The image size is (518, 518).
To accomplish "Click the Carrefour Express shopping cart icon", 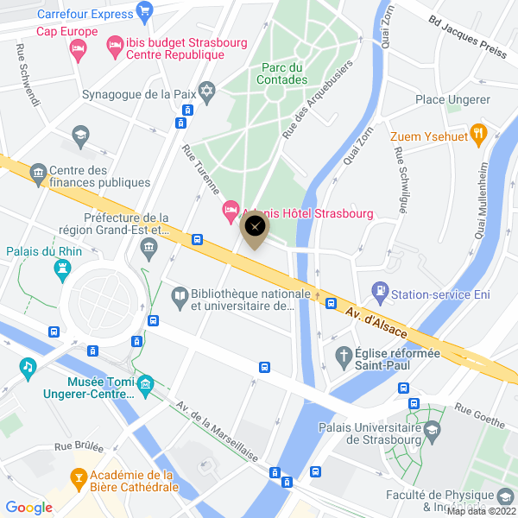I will coord(145,12).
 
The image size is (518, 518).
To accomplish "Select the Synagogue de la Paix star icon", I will coord(206,92).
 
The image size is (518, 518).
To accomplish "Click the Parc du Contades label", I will coord(281,73).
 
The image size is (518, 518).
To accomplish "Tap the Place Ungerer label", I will coord(441,99).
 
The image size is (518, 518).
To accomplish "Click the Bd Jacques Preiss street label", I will coord(467,38).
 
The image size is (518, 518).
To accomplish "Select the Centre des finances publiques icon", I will coord(38,174).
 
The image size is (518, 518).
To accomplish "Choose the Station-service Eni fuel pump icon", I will coord(379,292).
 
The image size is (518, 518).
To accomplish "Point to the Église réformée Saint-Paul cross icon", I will coord(344,355).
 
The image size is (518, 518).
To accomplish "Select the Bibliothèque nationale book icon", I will coord(179,297).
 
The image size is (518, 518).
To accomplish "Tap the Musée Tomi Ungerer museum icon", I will coord(145,382).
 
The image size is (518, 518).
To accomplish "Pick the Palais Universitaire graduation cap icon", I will coord(430,429).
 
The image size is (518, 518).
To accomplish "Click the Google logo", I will coord(28,508).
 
